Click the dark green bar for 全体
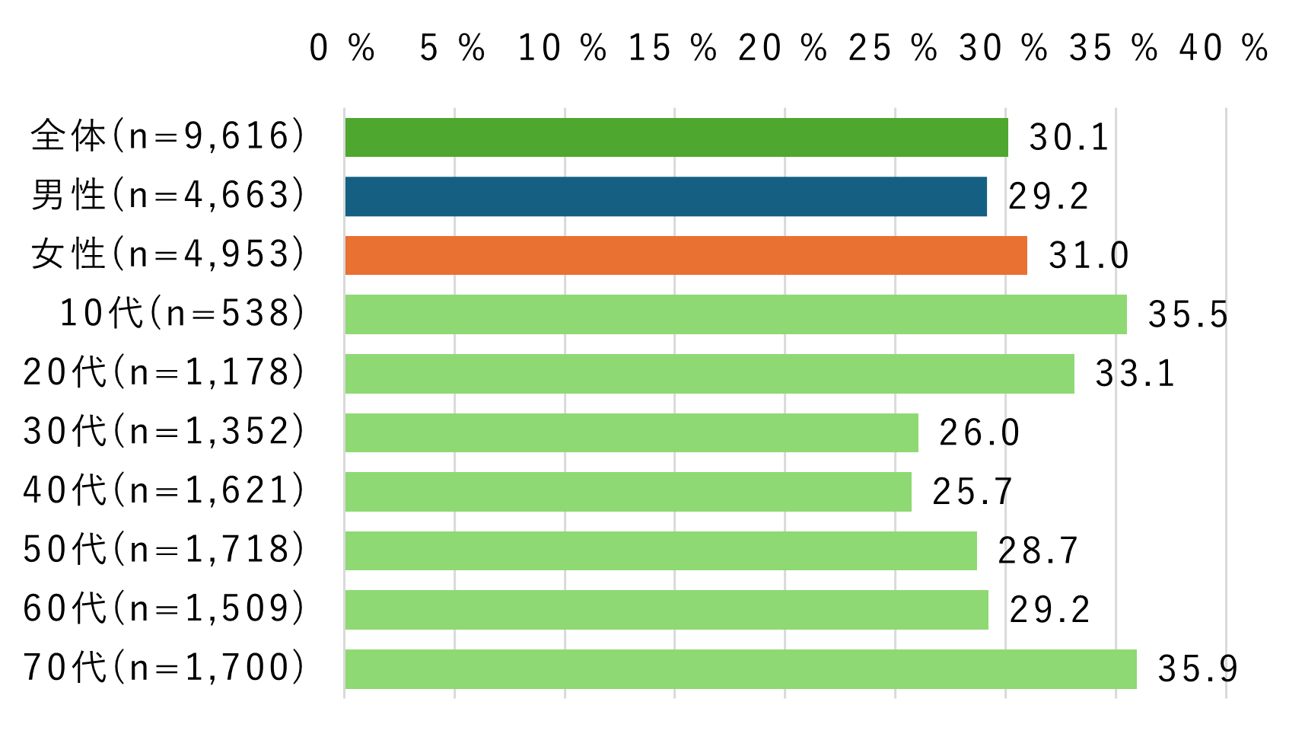coord(676,138)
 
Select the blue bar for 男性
coord(666,196)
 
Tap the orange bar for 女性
coord(686,255)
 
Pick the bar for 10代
coord(736,314)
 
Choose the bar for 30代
coord(632,432)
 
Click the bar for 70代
coord(740,669)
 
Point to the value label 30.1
coord(1068,138)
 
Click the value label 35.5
coord(1188,314)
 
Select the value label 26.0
coord(979,432)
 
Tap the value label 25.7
coord(972,492)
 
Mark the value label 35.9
coord(1198,669)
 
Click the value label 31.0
coord(1089,255)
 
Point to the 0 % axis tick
coord(342,48)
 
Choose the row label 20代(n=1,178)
coord(164,373)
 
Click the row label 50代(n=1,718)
coord(164,550)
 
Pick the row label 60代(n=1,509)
coord(164,609)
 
